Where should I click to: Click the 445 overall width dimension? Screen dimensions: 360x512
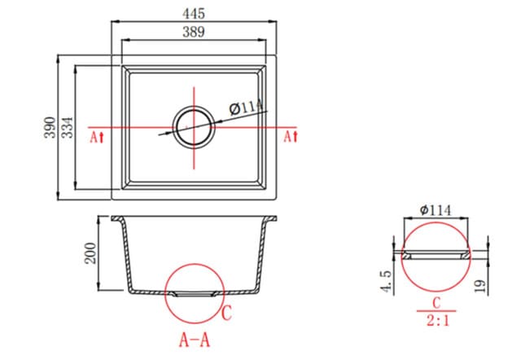tap(194, 13)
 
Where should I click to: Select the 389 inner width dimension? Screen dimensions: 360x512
tap(194, 32)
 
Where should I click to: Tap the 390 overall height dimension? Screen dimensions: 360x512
tap(50, 128)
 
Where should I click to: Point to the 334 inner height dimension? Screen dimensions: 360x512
tap(69, 128)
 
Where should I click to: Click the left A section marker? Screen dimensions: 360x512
tap(98, 137)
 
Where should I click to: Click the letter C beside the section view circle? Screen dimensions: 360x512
tap(228, 311)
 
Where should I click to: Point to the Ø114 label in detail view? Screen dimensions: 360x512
tap(437, 209)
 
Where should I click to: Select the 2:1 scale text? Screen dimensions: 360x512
tap(437, 321)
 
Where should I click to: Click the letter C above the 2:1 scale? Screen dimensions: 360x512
tap(437, 302)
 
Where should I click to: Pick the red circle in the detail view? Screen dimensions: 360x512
tap(437, 254)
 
